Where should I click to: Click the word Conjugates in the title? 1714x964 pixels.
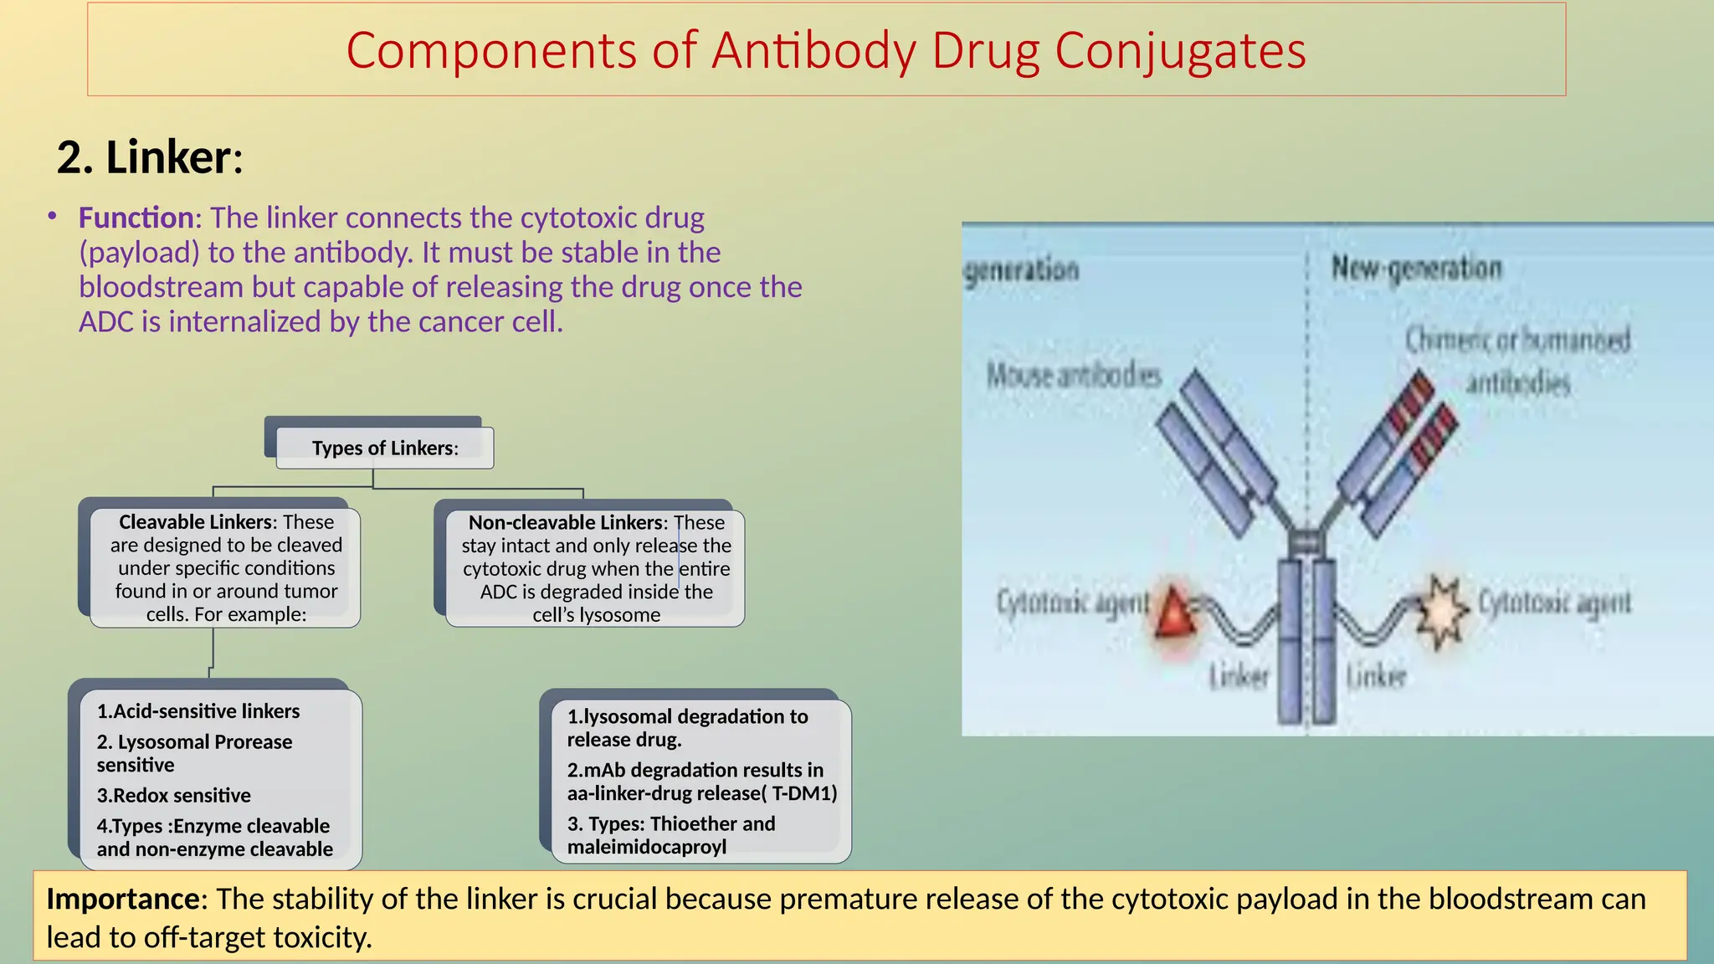click(x=1179, y=50)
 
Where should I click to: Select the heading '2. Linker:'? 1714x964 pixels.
click(x=150, y=157)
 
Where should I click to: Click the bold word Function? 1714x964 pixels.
click(x=136, y=218)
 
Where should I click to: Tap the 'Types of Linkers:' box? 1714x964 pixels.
click(x=385, y=448)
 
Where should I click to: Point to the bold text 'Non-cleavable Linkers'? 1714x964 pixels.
click(x=566, y=522)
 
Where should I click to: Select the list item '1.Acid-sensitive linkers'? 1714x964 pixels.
click(x=198, y=711)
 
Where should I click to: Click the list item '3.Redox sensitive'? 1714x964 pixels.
click(x=173, y=795)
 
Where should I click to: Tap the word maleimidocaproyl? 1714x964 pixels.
click(x=646, y=847)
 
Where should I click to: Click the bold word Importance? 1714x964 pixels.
click(x=123, y=899)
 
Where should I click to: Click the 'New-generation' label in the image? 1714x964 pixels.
click(x=1416, y=269)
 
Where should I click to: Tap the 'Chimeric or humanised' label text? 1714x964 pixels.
click(x=1516, y=341)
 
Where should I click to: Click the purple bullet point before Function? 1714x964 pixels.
click(x=52, y=217)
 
